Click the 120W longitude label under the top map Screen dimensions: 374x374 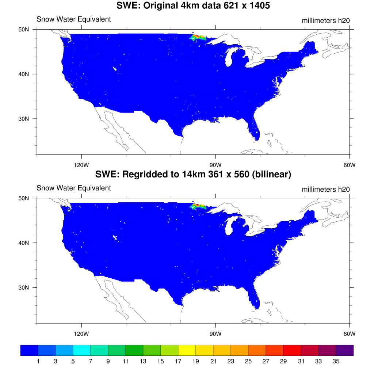click(81, 164)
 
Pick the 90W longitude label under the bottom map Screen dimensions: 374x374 click(215, 333)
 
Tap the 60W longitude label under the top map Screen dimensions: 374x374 click(350, 164)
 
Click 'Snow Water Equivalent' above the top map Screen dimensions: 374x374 click(73, 19)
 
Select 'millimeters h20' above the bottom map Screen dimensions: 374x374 click(325, 189)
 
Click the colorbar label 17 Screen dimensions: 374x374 click(178, 362)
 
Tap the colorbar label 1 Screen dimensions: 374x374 click(38, 362)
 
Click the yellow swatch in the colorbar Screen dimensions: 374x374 click(187, 350)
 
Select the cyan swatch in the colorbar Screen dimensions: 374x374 click(82, 350)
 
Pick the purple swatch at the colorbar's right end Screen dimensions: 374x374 click(345, 350)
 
